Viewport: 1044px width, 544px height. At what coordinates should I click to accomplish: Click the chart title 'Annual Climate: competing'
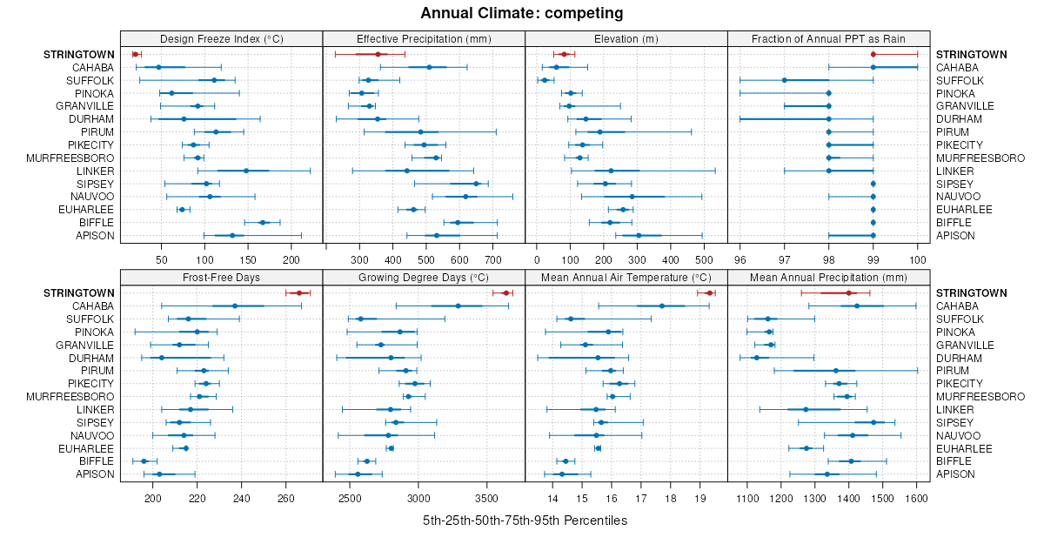click(522, 13)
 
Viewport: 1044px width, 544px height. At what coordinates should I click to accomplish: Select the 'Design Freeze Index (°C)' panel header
click(222, 38)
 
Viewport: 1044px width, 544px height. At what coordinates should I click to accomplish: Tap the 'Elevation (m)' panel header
click(626, 38)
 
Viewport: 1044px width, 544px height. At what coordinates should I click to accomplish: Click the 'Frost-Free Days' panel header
click(222, 278)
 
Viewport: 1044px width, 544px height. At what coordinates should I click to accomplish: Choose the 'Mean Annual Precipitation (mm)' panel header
click(828, 278)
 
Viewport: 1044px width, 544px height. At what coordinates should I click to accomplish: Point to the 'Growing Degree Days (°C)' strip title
click(424, 278)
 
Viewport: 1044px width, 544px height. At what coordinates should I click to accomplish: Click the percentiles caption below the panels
click(525, 520)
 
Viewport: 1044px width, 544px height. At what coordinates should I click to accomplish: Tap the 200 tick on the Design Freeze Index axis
click(291, 259)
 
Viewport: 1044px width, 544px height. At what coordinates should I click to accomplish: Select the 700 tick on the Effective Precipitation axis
click(492, 259)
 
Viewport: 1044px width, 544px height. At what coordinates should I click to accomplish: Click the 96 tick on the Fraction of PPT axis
click(740, 259)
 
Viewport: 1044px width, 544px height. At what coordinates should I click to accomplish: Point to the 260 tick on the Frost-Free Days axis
click(286, 498)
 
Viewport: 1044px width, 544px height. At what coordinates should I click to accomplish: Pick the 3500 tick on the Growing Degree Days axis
click(487, 498)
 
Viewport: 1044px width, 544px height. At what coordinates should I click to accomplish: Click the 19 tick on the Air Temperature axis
click(700, 498)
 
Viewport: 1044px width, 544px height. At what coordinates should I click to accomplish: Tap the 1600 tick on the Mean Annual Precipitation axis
click(917, 498)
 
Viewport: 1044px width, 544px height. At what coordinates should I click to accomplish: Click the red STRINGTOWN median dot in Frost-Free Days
click(299, 293)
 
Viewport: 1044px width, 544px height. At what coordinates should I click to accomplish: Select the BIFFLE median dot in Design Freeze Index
click(262, 223)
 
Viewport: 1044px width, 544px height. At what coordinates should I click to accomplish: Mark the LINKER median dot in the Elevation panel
click(611, 171)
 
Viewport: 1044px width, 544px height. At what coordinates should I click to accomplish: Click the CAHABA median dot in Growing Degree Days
click(458, 306)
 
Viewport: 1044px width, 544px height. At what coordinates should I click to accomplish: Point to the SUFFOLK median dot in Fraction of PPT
click(785, 80)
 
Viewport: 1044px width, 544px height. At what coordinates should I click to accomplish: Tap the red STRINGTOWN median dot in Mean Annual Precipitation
click(848, 293)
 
